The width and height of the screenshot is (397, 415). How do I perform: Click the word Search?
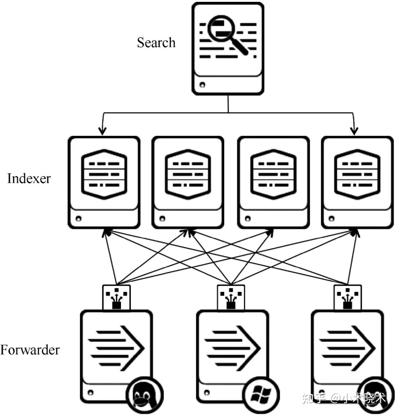(156, 43)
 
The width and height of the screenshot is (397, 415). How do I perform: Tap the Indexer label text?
(29, 179)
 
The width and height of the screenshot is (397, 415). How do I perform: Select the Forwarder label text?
(30, 349)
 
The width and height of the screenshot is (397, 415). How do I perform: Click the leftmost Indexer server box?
(104, 182)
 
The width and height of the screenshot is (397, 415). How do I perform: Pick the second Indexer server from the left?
(188, 182)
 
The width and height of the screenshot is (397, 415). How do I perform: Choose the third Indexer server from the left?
(273, 182)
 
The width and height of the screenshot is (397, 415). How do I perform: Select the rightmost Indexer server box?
(357, 182)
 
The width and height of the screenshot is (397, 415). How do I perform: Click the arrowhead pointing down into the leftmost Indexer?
(102, 130)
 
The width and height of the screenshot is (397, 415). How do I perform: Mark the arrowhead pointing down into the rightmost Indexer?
(354, 130)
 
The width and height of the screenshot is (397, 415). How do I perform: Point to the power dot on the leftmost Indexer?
(78, 219)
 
